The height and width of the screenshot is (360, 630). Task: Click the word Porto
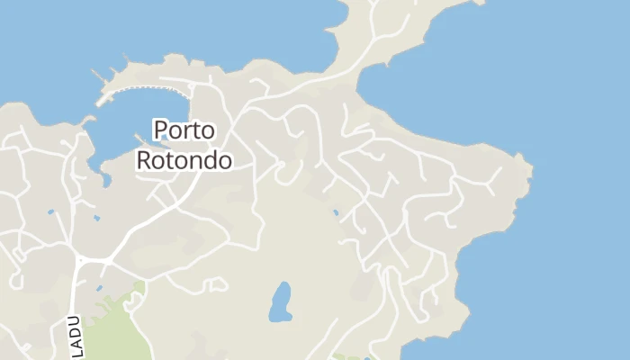pos(184,130)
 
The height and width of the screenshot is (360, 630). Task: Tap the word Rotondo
pos(184,161)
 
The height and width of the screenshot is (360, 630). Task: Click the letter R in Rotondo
pos(143,161)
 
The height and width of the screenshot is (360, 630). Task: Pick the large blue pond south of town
pos(281,301)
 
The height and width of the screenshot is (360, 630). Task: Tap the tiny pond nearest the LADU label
pos(99,289)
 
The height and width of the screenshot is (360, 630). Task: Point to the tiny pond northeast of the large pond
pos(336,213)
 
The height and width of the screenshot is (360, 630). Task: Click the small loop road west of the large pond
pos(214,285)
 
